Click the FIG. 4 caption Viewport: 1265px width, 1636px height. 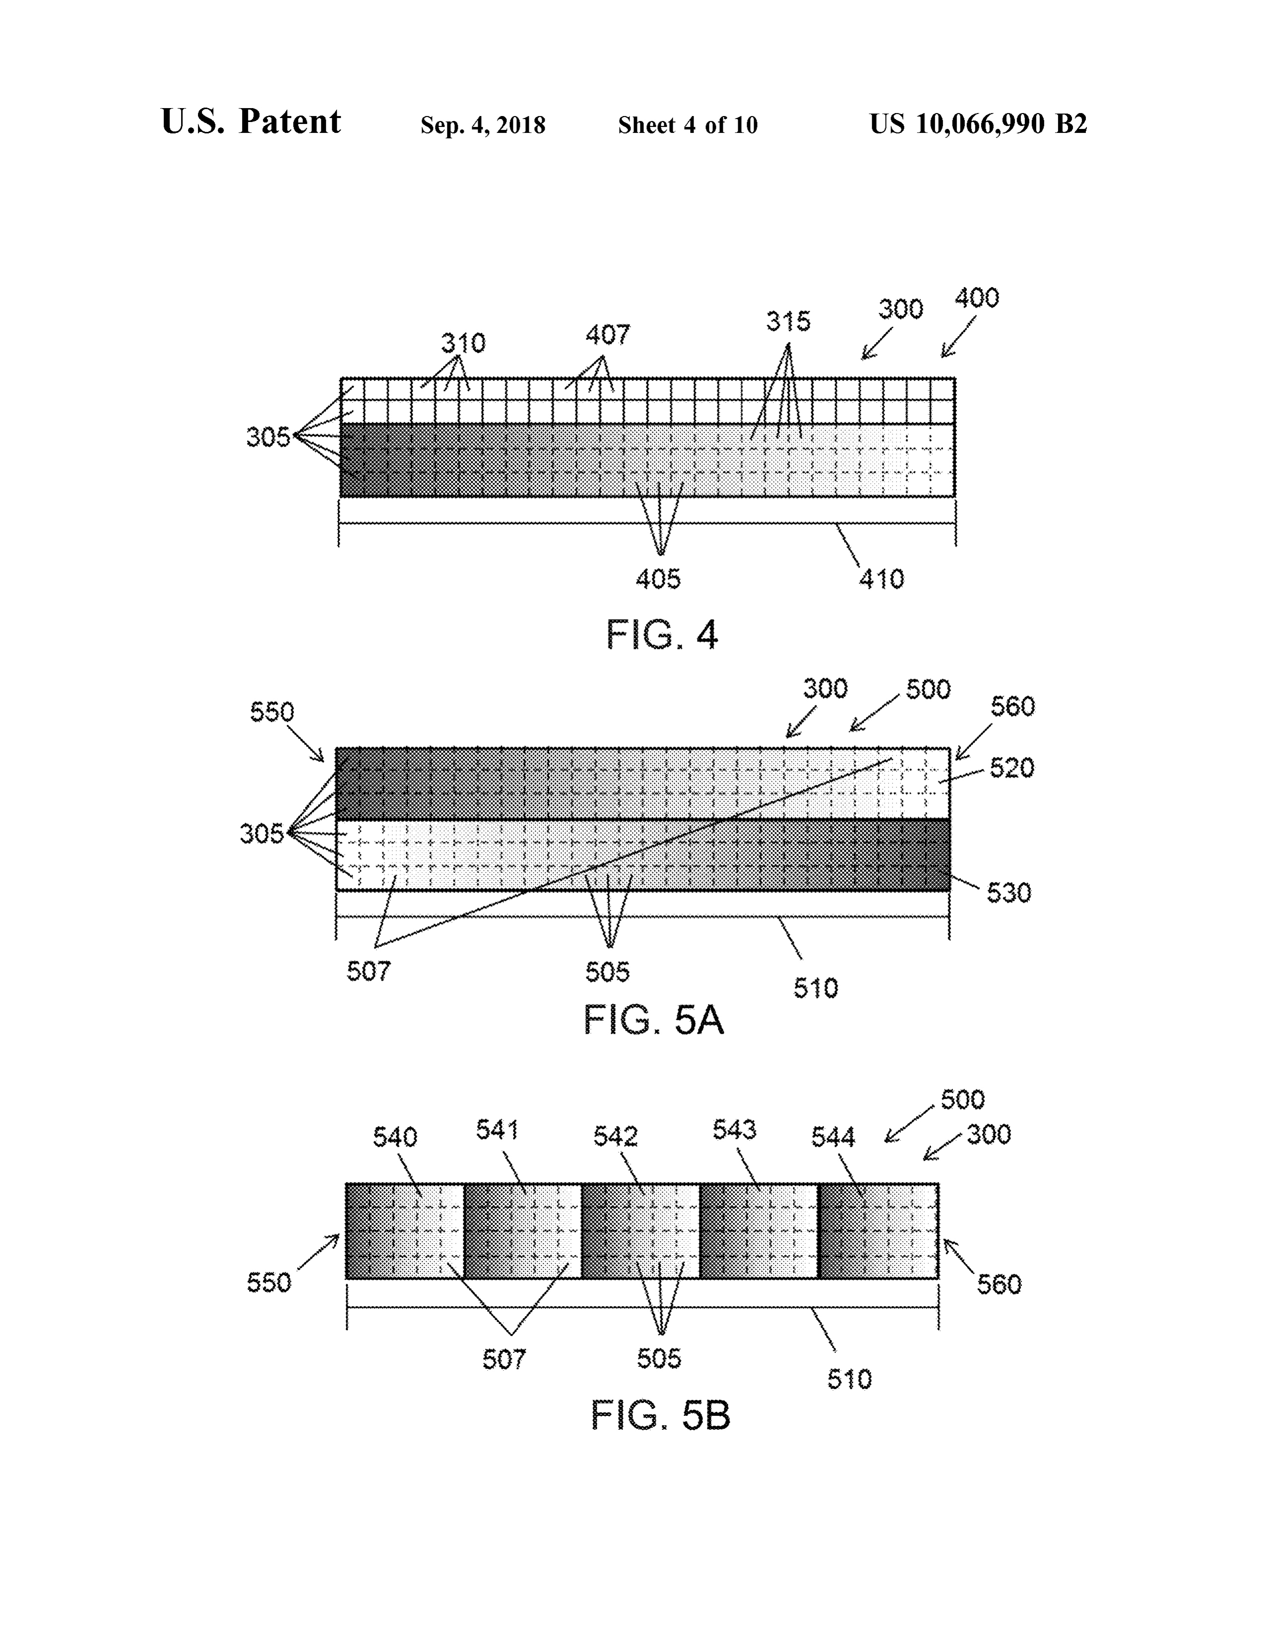[x=662, y=635]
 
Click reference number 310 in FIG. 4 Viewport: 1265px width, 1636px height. [x=463, y=343]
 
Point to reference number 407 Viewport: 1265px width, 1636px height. [x=608, y=334]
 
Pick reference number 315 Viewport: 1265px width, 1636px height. [x=788, y=321]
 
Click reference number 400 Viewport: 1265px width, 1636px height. [x=976, y=298]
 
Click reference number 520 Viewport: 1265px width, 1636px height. [x=1012, y=768]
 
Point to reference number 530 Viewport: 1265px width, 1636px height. [x=1009, y=893]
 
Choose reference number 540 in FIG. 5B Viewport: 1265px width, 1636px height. [x=395, y=1138]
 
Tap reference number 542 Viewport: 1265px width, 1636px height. [x=615, y=1136]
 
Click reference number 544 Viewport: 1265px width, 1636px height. [x=832, y=1138]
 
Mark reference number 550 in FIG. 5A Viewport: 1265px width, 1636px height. [x=272, y=711]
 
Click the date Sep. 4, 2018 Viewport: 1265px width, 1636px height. [x=483, y=125]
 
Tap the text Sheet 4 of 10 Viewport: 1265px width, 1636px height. [x=688, y=124]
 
